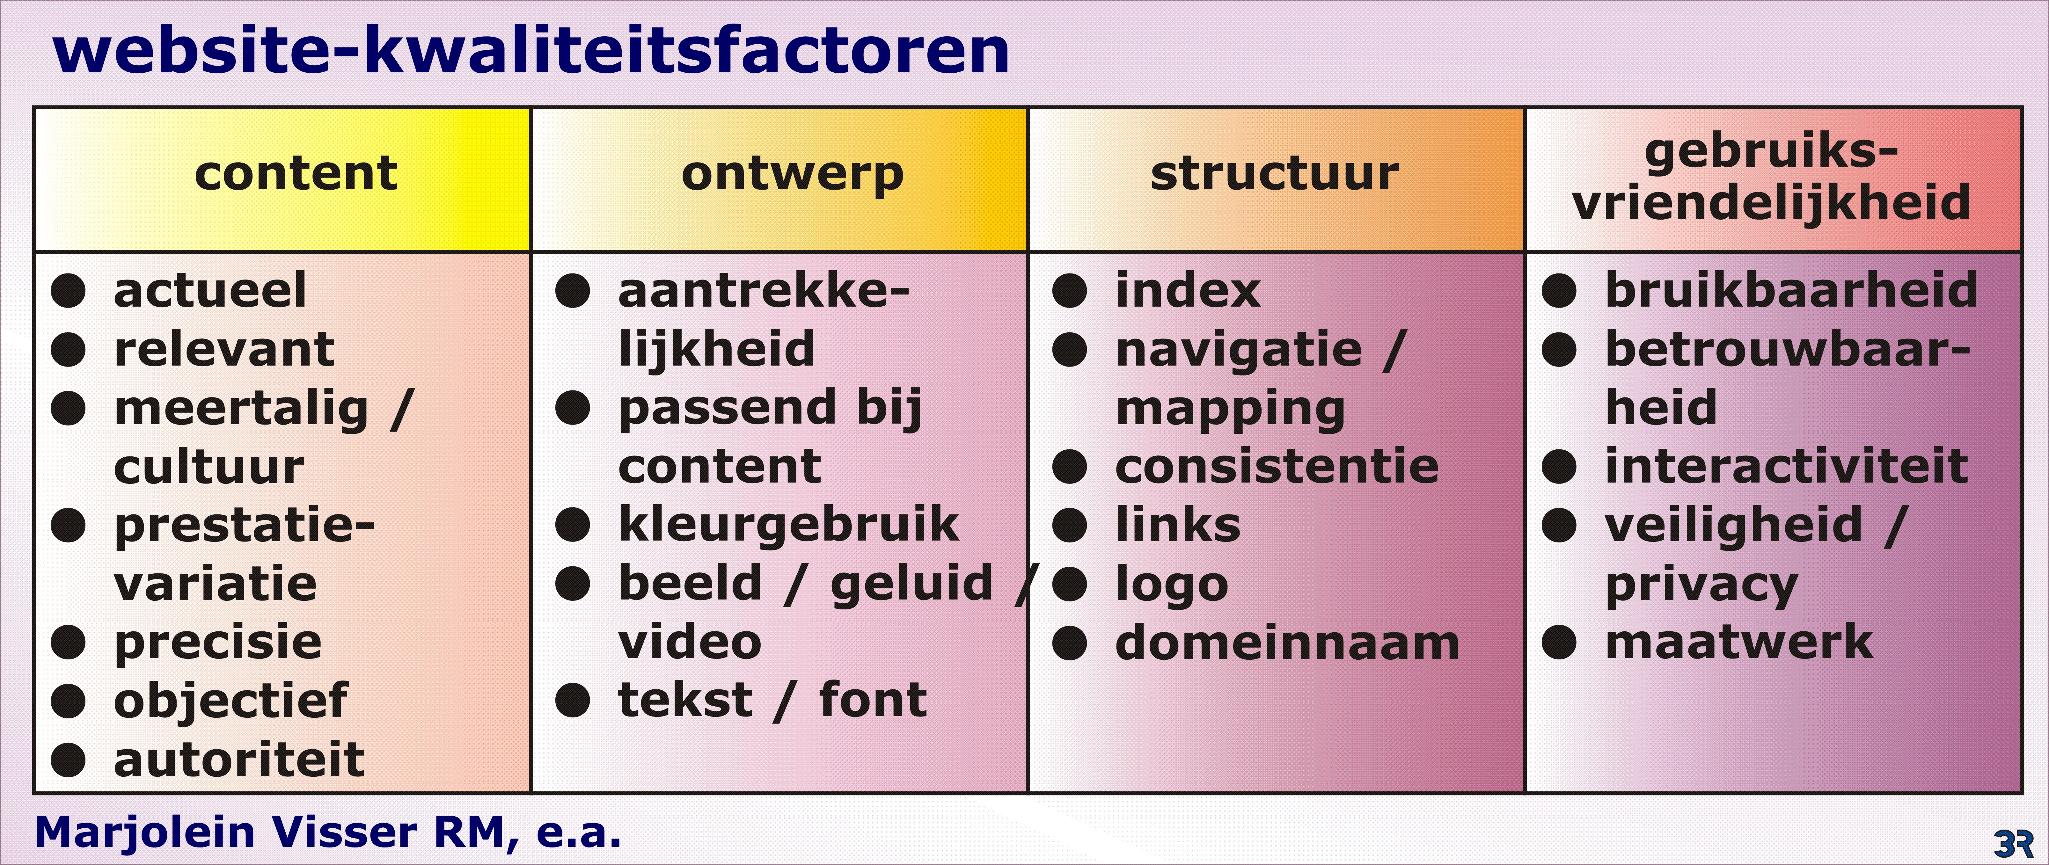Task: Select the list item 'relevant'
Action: (224, 349)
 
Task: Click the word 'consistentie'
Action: (1277, 466)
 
